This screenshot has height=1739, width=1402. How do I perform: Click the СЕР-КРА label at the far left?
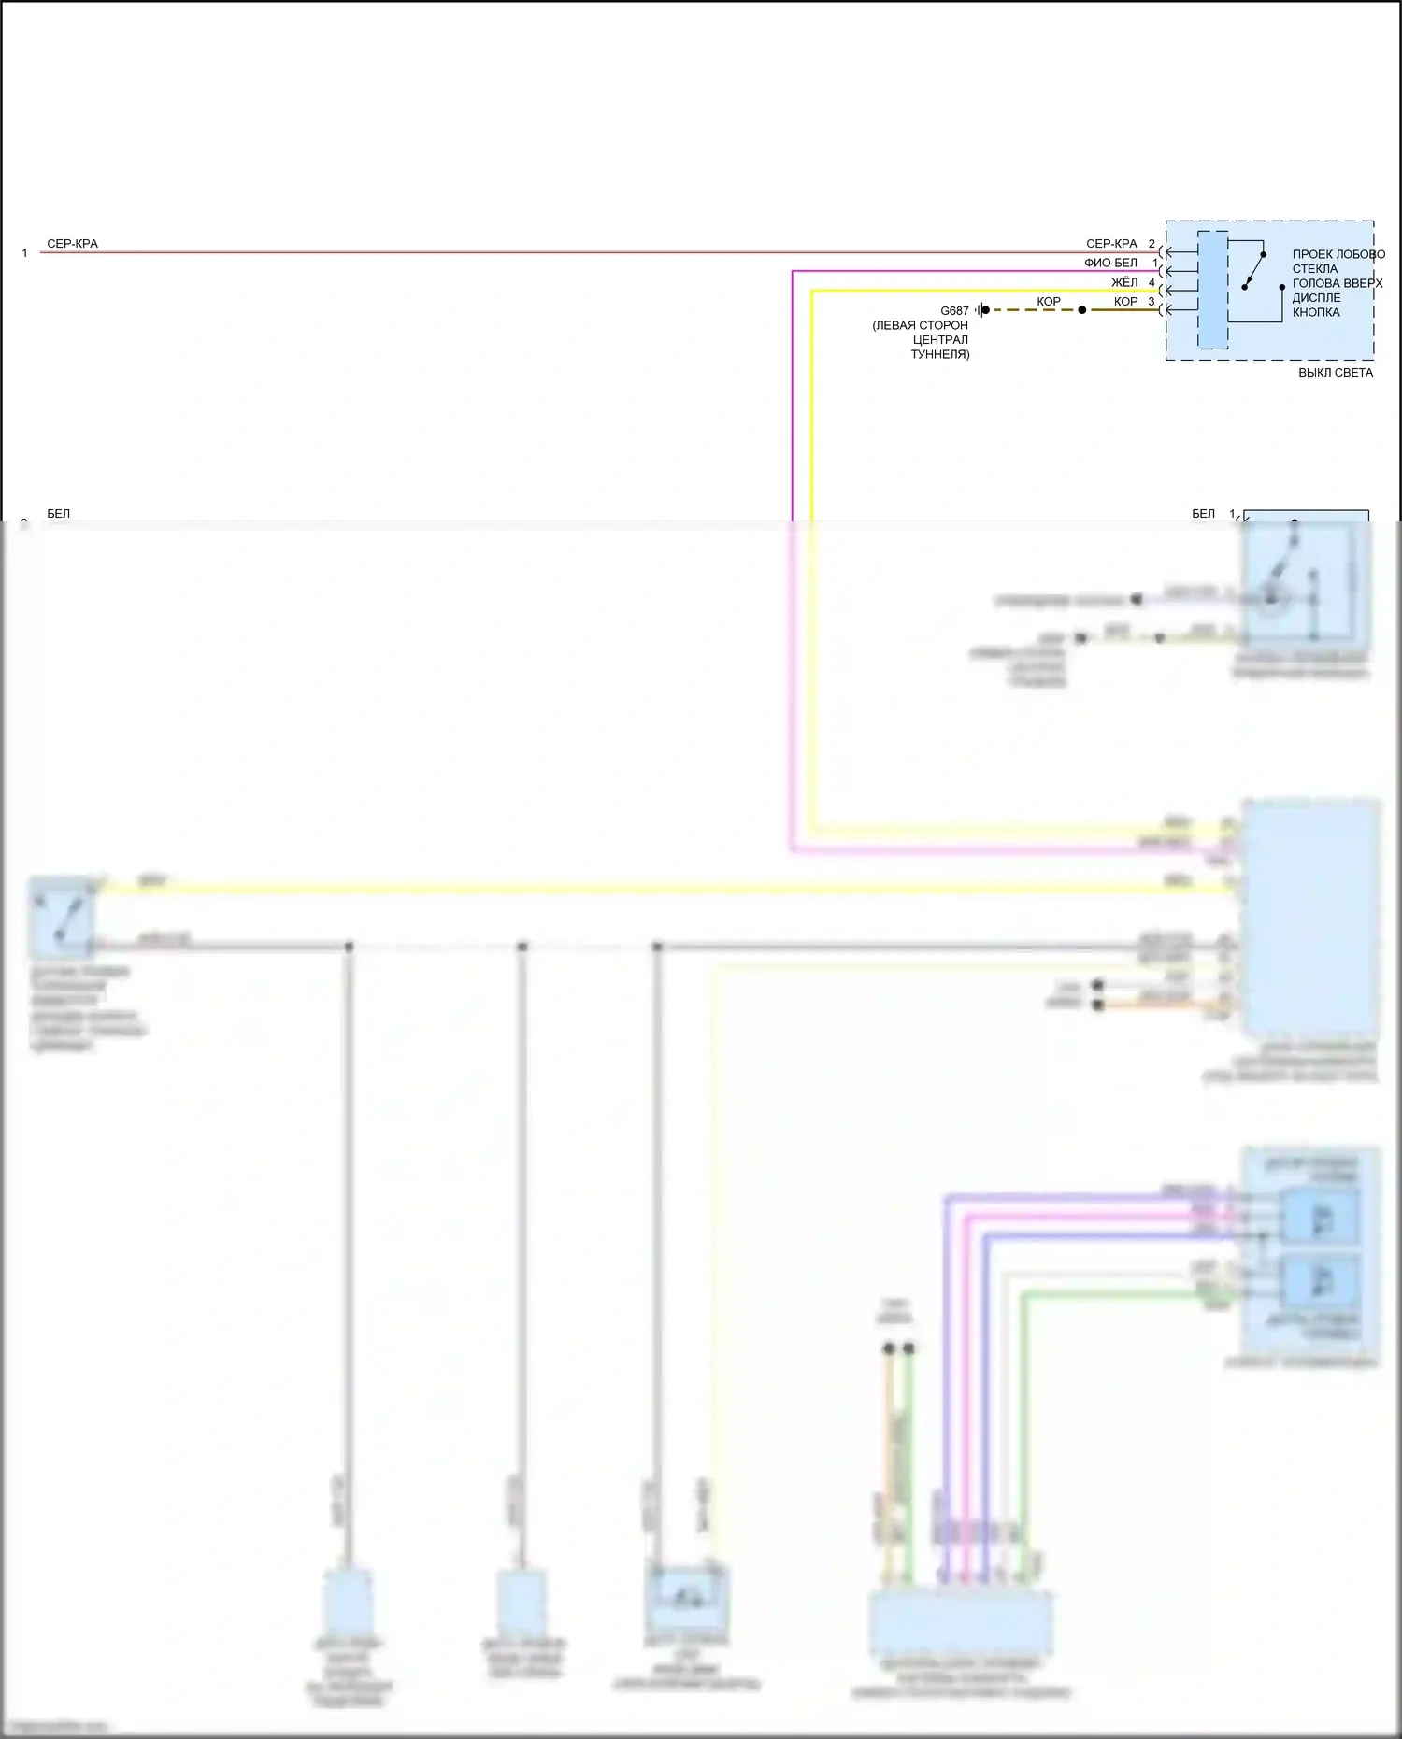click(72, 244)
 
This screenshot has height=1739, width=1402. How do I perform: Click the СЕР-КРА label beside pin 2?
click(1111, 244)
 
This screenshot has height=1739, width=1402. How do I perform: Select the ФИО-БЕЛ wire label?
click(1110, 264)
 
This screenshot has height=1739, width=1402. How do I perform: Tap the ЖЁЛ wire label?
click(1124, 282)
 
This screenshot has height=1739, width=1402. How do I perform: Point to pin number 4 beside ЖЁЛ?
click(1152, 282)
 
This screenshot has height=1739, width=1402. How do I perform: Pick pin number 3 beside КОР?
click(1152, 302)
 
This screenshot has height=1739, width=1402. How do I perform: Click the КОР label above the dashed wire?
click(1049, 302)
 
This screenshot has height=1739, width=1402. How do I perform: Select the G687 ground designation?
click(954, 311)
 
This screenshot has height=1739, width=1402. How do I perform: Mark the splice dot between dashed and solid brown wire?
click(1082, 310)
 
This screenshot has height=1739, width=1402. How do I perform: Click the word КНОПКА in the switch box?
click(1316, 312)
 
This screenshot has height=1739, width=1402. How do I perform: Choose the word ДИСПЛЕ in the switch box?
click(1316, 298)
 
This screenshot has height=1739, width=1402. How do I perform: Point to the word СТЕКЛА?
click(1314, 269)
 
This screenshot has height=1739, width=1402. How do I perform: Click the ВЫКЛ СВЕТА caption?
click(1335, 373)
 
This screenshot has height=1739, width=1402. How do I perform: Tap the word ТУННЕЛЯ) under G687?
click(940, 355)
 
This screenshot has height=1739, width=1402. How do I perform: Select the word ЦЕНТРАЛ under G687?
click(940, 340)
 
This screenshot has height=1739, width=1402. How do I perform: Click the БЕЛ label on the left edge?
click(58, 514)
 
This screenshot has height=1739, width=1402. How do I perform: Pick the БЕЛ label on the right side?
click(1203, 514)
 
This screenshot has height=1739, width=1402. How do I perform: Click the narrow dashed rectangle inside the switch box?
click(1212, 290)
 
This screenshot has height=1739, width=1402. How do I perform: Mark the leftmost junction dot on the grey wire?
click(349, 947)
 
